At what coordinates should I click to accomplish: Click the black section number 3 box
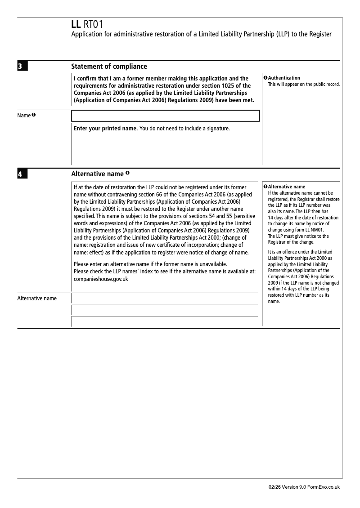22,67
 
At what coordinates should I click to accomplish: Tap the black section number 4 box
22,174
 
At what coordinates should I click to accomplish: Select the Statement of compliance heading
109,67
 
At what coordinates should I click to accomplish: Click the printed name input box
166,116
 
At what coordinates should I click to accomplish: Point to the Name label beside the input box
24,116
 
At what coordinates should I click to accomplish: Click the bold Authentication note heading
284,78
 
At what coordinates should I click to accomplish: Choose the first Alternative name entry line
165,299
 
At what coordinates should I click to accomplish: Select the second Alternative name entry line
165,310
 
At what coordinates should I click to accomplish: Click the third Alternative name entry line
165,321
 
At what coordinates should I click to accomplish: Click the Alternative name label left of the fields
37,299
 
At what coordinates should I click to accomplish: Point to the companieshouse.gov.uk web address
101,279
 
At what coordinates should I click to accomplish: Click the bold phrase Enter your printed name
105,129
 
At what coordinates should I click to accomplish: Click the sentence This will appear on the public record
304,84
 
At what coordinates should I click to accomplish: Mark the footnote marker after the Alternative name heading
128,173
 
